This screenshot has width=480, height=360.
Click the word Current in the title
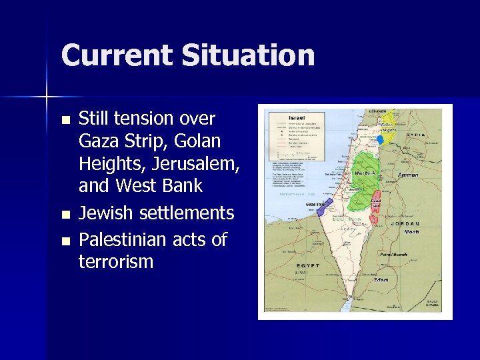click(115, 55)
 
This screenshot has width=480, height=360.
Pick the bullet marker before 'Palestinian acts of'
click(65, 241)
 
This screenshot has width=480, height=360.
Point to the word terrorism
click(116, 261)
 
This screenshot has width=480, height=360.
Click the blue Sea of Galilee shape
click(380, 140)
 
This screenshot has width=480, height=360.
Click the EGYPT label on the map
click(307, 265)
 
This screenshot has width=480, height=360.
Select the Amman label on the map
click(407, 175)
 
